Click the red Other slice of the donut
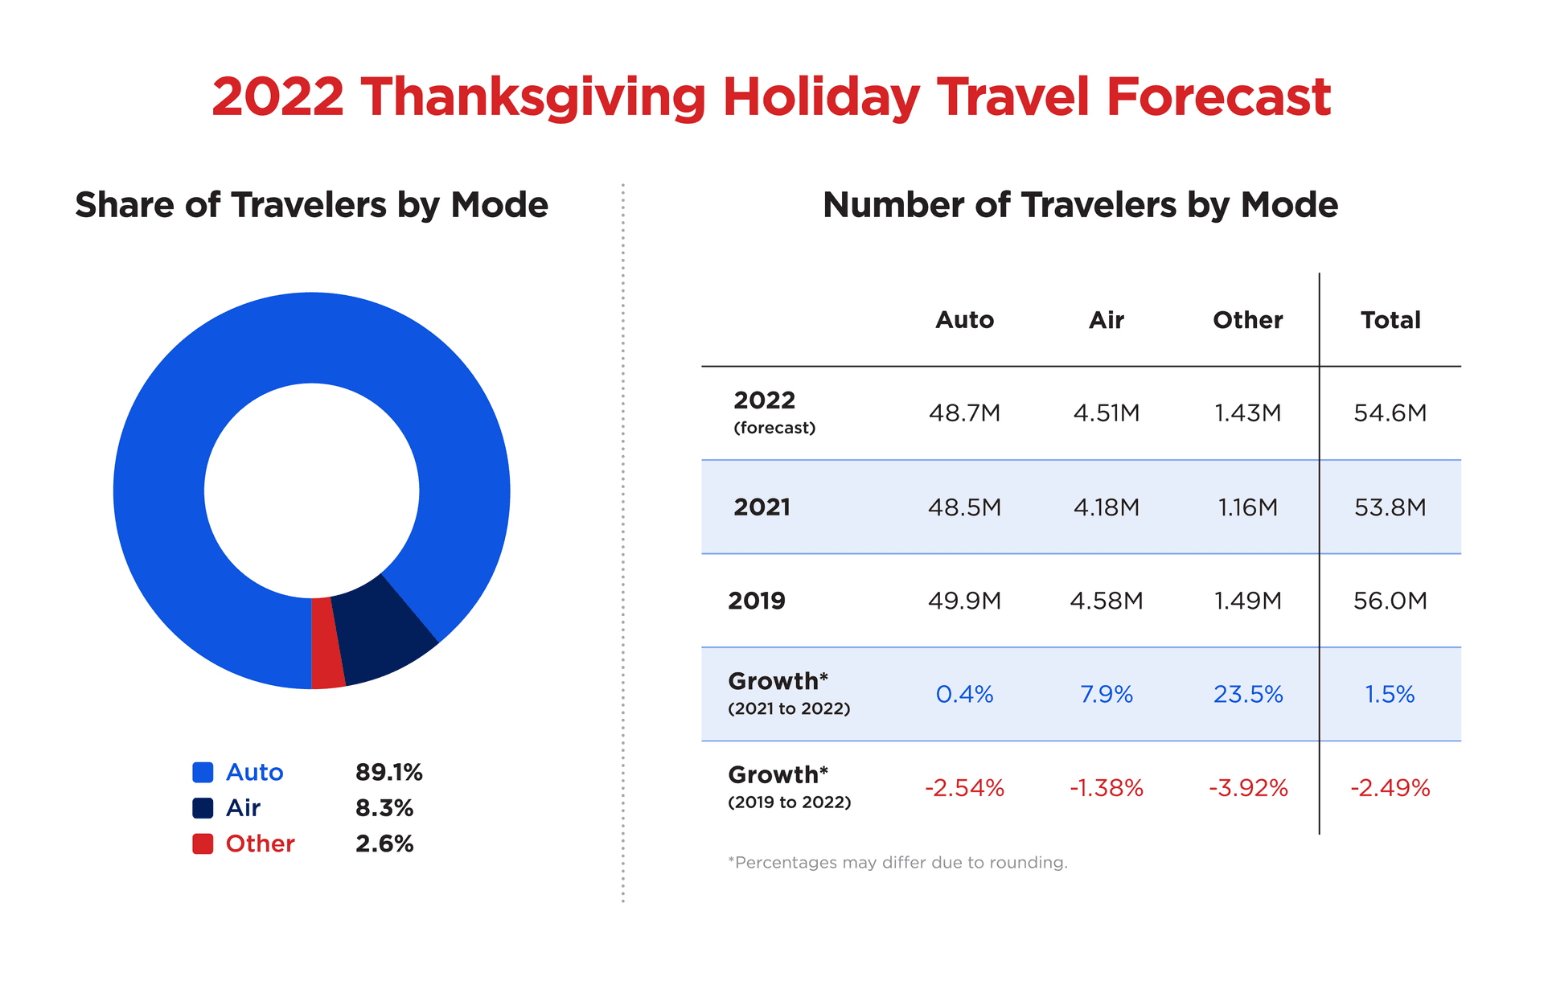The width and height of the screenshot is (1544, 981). point(327,643)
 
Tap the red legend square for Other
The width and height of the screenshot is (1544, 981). point(203,843)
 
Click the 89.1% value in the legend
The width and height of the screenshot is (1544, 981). point(388,772)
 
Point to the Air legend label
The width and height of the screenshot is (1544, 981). point(243,807)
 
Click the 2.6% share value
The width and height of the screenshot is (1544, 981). point(384,843)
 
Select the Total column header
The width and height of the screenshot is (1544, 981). point(1390,320)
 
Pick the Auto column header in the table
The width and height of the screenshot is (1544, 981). point(964,320)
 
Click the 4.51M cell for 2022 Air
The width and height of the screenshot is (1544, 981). point(1106,413)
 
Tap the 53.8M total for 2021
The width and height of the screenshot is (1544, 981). point(1390,507)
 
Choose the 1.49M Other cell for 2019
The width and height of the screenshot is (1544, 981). point(1247,601)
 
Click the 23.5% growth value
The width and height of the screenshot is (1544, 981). point(1247,694)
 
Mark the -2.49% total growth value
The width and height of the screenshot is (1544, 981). point(1390,788)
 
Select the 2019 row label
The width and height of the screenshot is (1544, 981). point(756,601)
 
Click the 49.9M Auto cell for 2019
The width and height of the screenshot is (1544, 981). point(964,601)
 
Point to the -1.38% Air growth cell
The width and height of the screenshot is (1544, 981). point(1106,788)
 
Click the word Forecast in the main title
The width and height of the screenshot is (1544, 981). point(1218,96)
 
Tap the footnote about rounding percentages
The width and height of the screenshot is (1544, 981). point(897,863)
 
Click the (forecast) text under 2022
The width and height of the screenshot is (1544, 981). point(774,428)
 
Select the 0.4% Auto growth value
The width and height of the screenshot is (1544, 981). point(964,694)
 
